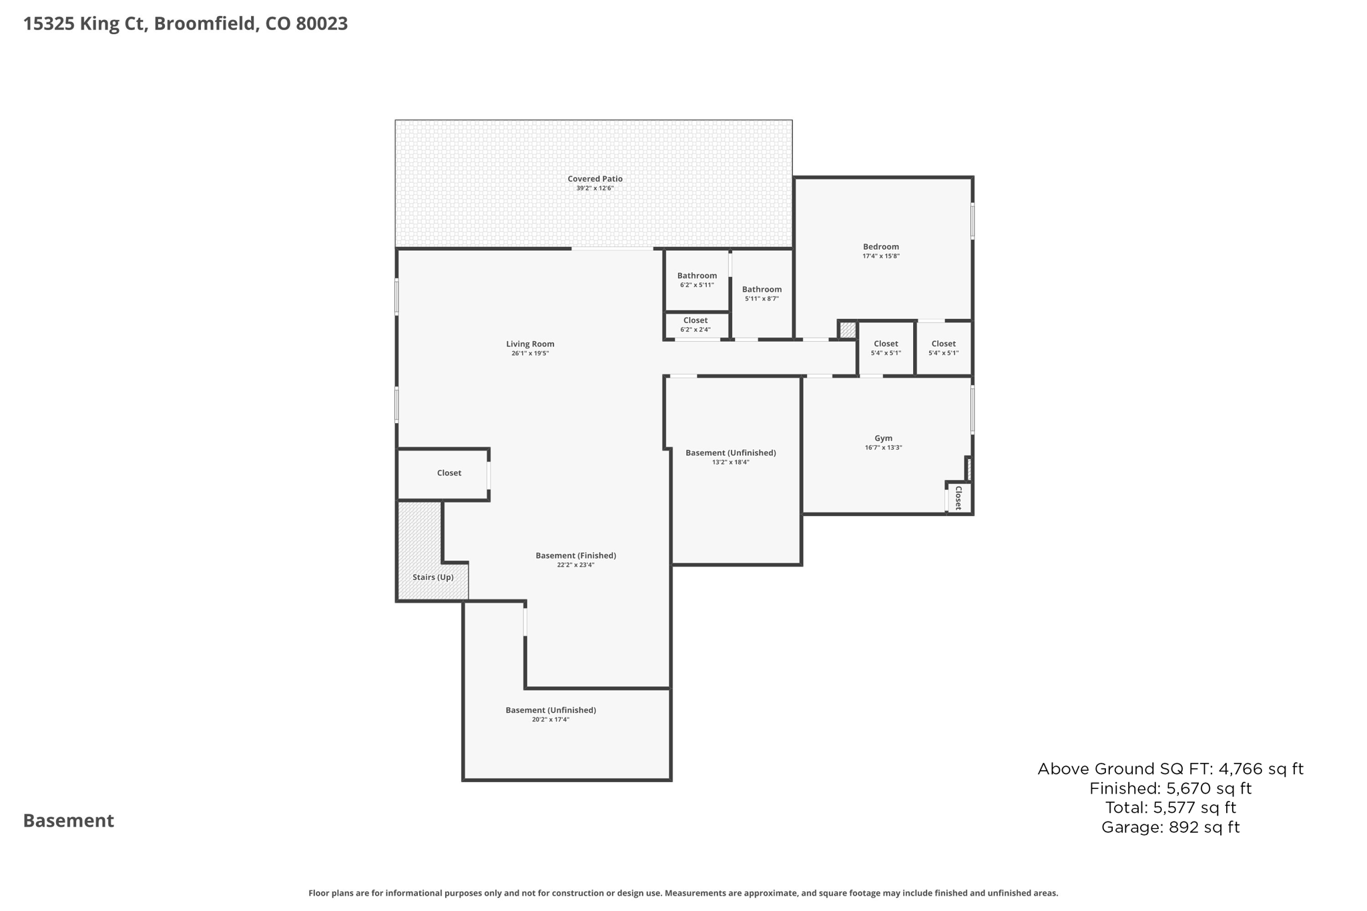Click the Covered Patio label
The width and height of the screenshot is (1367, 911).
(595, 179)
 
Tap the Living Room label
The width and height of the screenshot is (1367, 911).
(530, 344)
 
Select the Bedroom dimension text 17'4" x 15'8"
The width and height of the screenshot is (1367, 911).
(880, 256)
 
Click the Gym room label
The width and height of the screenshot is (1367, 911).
(883, 438)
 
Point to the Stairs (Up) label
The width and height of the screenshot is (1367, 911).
(433, 577)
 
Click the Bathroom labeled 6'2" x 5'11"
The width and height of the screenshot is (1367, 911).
(697, 276)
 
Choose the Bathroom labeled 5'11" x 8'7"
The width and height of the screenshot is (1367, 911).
(762, 290)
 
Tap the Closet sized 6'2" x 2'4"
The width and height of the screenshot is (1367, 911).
(695, 321)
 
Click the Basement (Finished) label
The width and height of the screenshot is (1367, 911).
(575, 556)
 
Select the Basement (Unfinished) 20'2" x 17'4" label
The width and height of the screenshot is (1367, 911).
(551, 710)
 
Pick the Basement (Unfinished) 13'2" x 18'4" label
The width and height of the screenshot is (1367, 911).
(730, 453)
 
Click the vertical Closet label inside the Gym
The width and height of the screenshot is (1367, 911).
(959, 498)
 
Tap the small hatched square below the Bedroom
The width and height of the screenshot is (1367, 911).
(848, 330)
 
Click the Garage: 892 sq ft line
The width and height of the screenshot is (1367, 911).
(1170, 828)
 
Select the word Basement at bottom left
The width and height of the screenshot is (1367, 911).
(69, 821)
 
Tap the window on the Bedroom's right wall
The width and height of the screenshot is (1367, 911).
(972, 221)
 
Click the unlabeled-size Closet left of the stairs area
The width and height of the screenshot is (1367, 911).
(449, 473)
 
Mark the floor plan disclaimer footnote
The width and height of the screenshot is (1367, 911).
(683, 893)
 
